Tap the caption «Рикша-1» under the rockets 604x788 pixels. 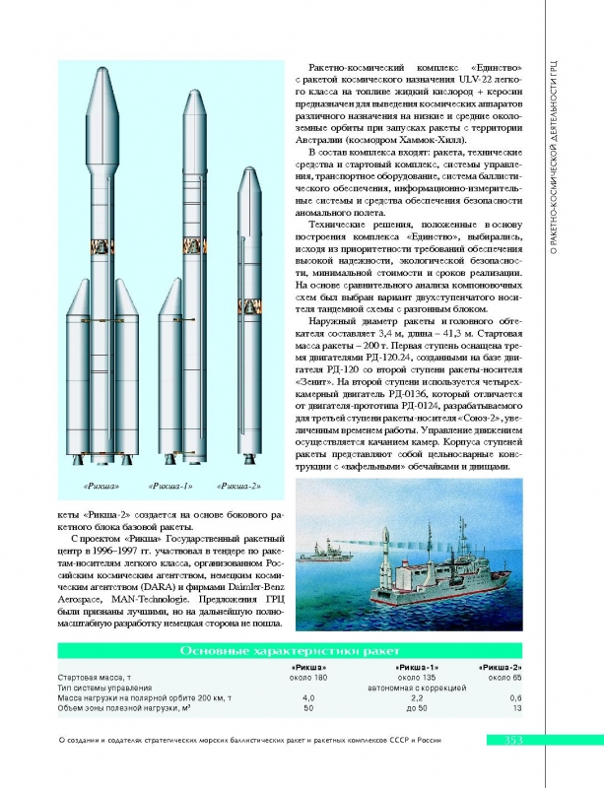168,486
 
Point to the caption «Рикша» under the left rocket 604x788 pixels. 101,486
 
